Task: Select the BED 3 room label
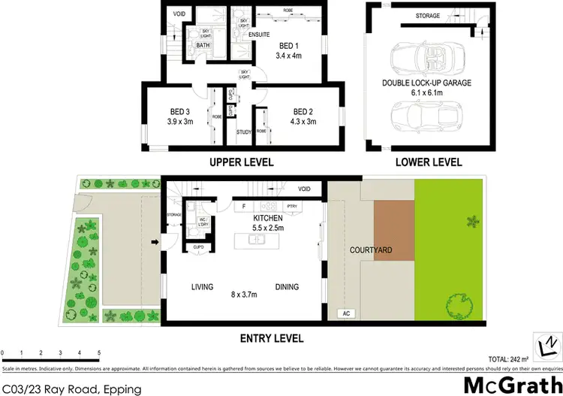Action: (x=180, y=112)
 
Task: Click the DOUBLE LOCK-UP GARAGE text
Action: (x=426, y=83)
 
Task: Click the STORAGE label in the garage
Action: (x=428, y=15)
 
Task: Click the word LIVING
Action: (x=203, y=286)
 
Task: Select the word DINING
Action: (x=287, y=286)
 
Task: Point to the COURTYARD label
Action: (x=371, y=250)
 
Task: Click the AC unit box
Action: (x=346, y=313)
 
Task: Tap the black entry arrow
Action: (x=155, y=242)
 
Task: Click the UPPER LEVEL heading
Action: (x=242, y=162)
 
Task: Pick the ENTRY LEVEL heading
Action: (x=271, y=339)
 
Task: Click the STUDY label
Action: (x=244, y=132)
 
